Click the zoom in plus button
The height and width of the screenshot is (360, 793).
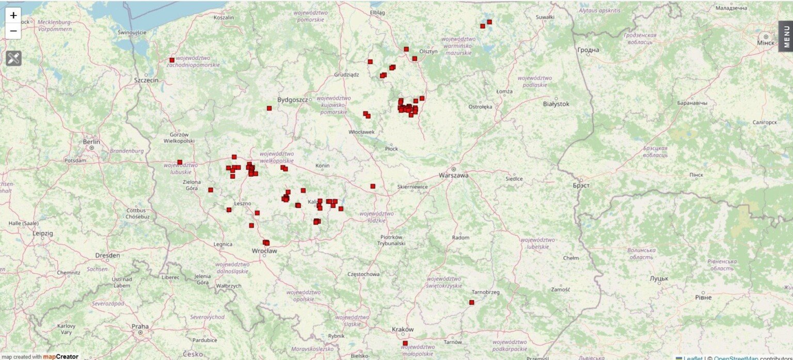13,15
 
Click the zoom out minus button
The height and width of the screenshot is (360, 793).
13,31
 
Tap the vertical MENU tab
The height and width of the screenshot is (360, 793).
786,36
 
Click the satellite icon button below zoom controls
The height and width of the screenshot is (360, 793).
13,58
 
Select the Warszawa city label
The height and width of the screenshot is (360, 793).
453,175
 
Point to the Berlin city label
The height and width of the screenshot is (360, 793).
91,142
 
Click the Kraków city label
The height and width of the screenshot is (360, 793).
403,330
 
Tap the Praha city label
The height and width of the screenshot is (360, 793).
140,326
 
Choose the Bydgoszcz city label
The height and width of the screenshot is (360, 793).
292,100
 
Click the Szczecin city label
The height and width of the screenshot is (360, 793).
147,80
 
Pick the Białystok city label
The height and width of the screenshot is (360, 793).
556,104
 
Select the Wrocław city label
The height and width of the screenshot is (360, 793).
264,251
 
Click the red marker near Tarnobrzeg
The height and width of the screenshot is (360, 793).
471,302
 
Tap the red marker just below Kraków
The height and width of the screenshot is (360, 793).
405,343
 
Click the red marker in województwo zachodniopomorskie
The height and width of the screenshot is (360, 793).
172,60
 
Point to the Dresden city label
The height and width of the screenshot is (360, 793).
107,255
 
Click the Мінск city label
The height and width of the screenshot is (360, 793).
766,42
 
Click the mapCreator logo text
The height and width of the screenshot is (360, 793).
60,356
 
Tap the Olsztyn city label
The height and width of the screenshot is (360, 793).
429,51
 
